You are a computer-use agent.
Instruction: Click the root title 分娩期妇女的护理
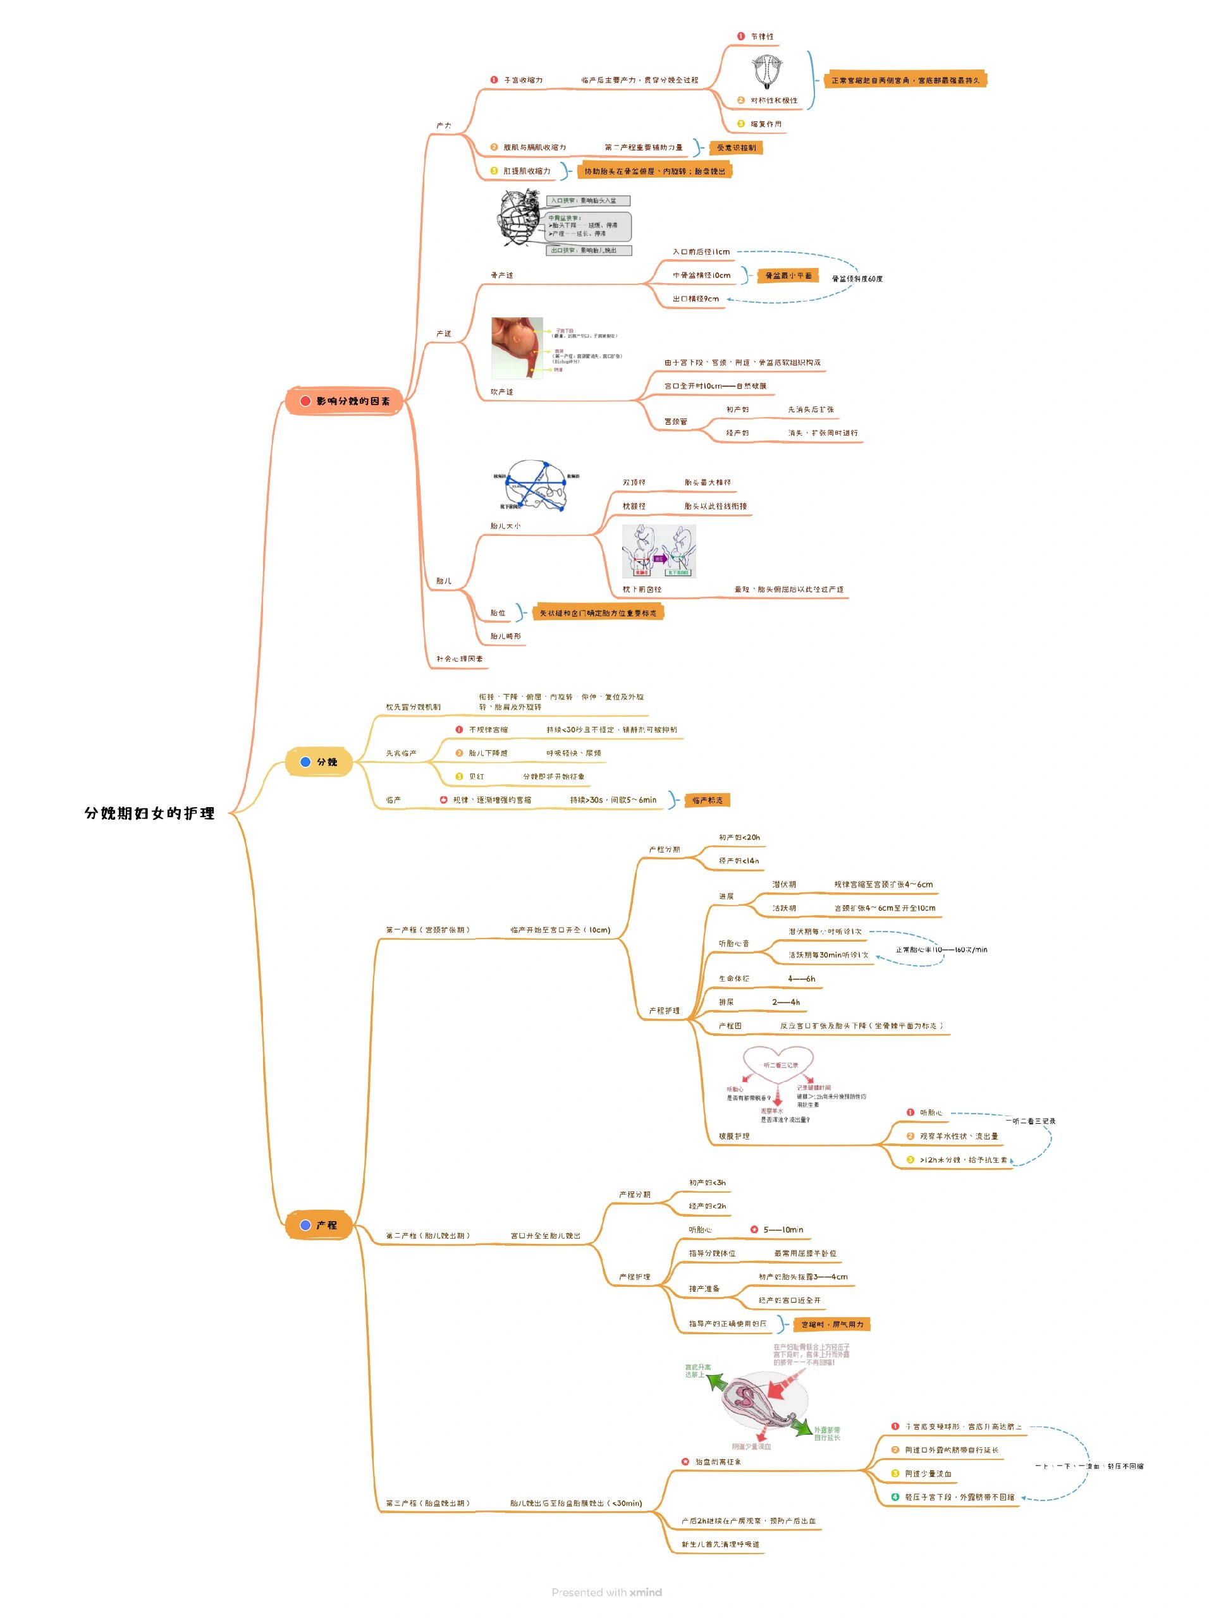(149, 813)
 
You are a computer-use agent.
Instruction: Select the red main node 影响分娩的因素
(344, 401)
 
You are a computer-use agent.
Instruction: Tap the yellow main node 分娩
(320, 762)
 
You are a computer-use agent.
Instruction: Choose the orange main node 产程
(320, 1224)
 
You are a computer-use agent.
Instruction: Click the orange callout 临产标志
(707, 800)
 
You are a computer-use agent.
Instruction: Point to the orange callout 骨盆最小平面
(787, 276)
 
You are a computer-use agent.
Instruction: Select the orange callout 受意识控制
(736, 148)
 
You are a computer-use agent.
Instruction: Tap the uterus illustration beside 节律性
(768, 71)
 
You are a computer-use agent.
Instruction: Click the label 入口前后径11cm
(701, 252)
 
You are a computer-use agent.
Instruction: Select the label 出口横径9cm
(695, 299)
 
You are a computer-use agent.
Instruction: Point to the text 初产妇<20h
(739, 837)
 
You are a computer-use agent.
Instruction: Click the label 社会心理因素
(460, 659)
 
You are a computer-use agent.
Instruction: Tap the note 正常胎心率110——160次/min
(941, 949)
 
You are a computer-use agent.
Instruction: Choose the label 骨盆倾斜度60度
(857, 279)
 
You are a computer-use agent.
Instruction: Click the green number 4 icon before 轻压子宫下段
(895, 1497)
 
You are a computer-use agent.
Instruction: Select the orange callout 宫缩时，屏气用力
(832, 1324)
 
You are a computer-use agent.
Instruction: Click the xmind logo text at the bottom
(646, 1592)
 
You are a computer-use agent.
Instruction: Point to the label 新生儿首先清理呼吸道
(720, 1544)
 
